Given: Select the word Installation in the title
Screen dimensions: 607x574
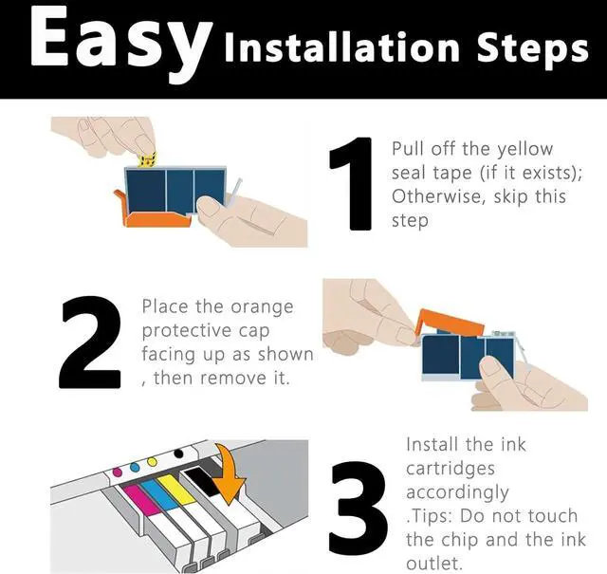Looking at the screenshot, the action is coord(341,47).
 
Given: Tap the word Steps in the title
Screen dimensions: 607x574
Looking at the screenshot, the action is coord(532,50).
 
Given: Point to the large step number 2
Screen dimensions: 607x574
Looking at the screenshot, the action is coord(90,343).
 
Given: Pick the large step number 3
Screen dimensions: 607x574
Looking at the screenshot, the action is coord(358,508).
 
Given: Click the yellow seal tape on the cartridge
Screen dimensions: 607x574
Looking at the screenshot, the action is coord(147,159).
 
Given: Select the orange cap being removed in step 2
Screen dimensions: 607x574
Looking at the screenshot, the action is coord(450,323).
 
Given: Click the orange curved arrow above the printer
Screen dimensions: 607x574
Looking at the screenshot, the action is coord(230,475).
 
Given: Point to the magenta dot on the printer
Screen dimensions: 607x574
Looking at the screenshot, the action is coord(117,472).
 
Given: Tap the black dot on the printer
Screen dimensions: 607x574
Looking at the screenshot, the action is coord(178,454).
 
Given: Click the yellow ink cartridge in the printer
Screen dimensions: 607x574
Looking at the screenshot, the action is coord(176,490).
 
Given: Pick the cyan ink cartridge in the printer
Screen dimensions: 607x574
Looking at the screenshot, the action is coord(158,493).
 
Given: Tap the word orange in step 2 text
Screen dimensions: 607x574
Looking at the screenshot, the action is coord(262,308).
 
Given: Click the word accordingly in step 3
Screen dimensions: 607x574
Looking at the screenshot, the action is coord(457,493).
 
